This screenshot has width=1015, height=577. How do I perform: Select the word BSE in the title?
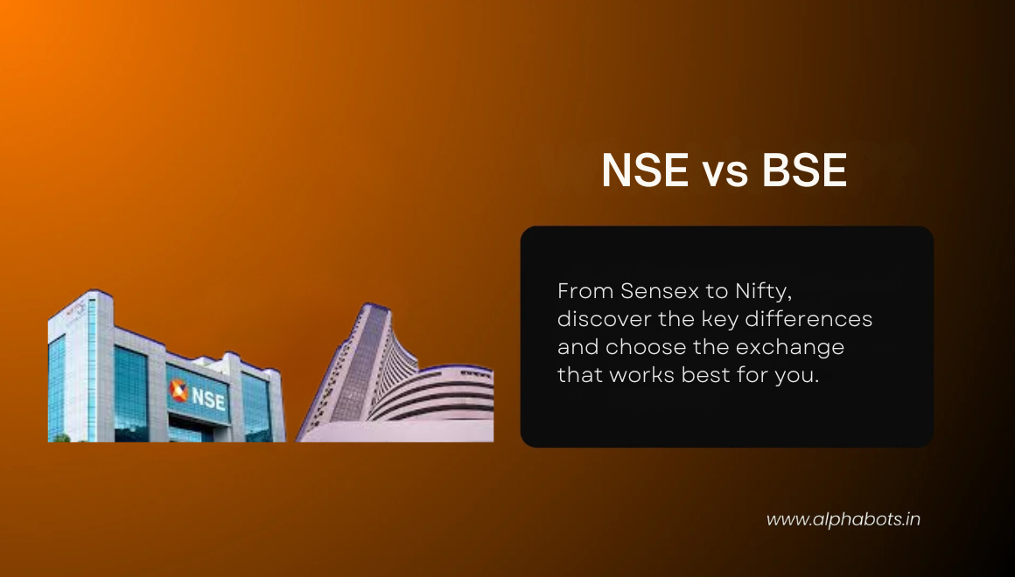tap(804, 170)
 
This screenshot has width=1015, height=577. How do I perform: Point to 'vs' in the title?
tap(724, 172)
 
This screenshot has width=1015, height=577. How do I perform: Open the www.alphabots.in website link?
tap(843, 519)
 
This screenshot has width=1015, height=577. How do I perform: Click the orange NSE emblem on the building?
tap(179, 390)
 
